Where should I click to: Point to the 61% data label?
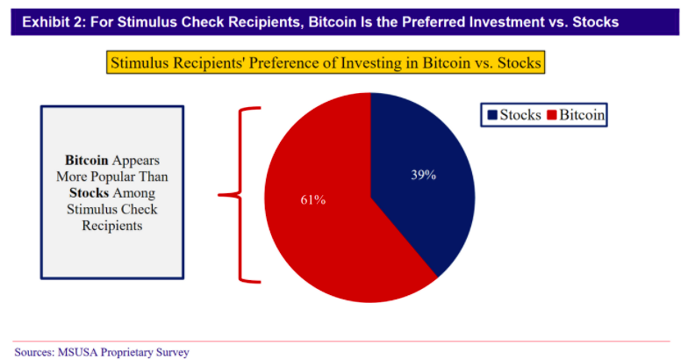(x=313, y=200)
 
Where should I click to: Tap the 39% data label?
(x=423, y=175)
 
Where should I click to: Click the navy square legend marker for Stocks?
(x=491, y=115)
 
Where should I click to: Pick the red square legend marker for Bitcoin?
(x=552, y=115)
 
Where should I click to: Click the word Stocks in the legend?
(x=520, y=115)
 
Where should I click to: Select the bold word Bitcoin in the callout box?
(x=86, y=161)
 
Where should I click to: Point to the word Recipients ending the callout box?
(x=111, y=224)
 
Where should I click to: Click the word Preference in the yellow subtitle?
(x=255, y=63)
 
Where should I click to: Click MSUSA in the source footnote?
(x=82, y=352)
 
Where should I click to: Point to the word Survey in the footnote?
(x=171, y=352)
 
